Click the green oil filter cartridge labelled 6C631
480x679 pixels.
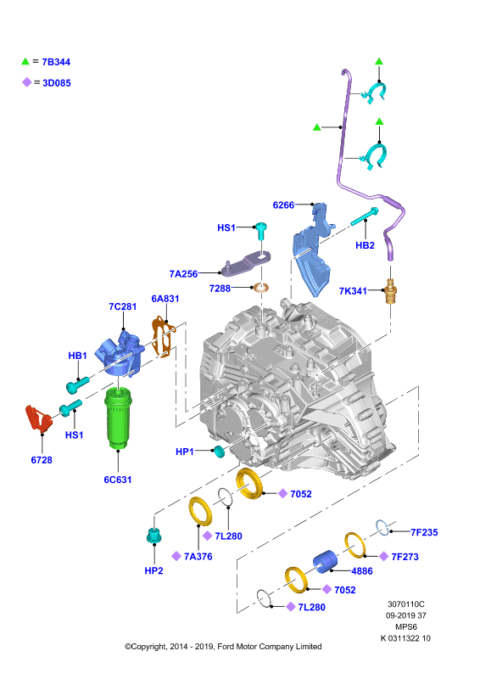point(118,418)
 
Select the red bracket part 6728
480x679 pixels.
point(38,418)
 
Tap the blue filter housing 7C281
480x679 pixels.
point(120,353)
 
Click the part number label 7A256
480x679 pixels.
point(183,273)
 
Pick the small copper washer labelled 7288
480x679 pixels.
point(260,287)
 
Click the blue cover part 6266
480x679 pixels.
point(314,250)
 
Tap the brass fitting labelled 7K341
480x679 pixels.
point(390,291)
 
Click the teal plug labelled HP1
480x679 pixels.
point(220,452)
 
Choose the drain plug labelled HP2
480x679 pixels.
point(154,536)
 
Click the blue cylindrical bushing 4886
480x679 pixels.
point(325,562)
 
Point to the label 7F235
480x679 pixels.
point(424,532)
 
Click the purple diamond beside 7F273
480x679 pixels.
point(383,557)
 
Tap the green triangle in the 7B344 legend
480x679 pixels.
point(25,61)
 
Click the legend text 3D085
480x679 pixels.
point(57,82)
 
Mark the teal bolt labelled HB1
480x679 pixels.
point(77,384)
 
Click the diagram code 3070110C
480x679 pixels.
point(406,604)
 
